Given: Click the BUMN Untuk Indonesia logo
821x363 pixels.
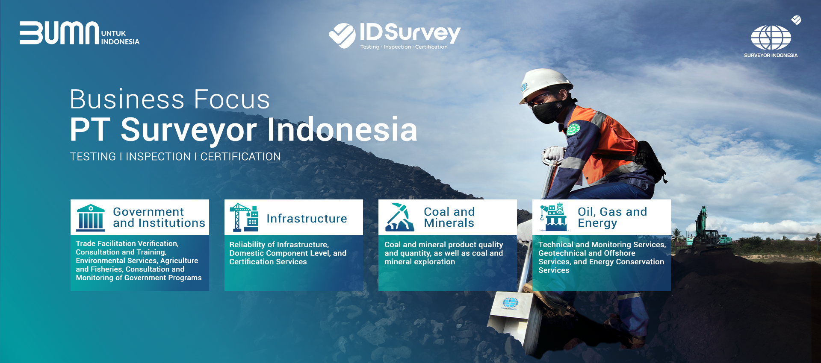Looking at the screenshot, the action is click(x=80, y=33).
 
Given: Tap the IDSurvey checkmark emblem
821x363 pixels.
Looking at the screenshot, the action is click(x=342, y=35).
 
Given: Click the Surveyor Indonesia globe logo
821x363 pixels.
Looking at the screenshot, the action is click(x=771, y=38).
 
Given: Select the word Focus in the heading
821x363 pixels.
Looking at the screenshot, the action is click(x=232, y=100).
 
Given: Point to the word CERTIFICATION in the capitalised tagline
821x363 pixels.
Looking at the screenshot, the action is click(x=240, y=157).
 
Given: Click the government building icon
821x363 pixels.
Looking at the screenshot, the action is click(x=91, y=218).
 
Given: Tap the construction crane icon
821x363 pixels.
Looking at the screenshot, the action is click(x=244, y=217).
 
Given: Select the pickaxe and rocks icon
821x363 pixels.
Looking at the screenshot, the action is click(x=400, y=217).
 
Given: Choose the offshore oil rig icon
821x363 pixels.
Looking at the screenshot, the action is click(x=554, y=217).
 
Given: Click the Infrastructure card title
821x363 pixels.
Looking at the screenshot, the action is click(x=307, y=219).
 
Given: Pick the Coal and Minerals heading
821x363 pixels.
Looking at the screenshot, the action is click(x=449, y=217).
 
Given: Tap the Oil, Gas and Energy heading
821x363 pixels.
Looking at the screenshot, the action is click(x=612, y=218).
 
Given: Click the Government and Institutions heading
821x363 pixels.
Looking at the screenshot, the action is click(x=159, y=217).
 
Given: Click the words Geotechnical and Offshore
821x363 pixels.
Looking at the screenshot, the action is click(x=587, y=253).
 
